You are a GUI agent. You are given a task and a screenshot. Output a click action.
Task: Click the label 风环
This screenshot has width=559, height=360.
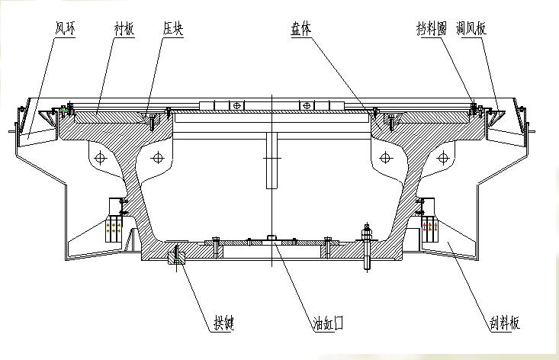click(64, 29)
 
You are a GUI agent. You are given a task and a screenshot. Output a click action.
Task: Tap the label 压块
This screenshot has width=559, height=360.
click(172, 29)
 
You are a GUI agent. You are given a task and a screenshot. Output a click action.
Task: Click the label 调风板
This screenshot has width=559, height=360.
click(472, 29)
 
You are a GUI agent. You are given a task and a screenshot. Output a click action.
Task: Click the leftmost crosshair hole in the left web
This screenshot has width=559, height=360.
click(97, 159)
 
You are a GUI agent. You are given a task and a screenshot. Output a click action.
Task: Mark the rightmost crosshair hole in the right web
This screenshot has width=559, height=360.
click(442, 159)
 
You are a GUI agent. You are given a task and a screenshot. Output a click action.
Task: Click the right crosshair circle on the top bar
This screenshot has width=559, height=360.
click(307, 105)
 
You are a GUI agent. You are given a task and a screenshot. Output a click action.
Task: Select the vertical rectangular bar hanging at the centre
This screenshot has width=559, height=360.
click(271, 159)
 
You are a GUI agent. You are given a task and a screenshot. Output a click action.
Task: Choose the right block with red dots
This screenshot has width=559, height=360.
click(429, 227)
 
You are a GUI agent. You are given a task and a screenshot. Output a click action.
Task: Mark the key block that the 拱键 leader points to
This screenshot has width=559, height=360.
click(176, 254)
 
